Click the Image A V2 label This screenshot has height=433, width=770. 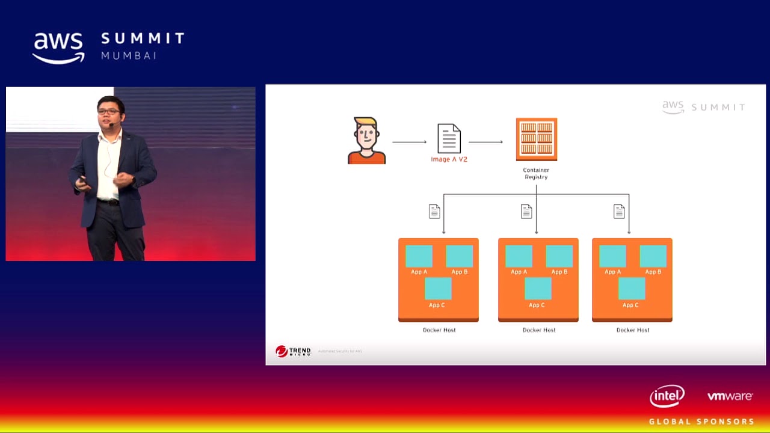tap(449, 159)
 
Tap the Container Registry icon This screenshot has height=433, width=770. tap(536, 139)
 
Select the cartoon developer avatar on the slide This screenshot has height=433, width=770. tap(366, 141)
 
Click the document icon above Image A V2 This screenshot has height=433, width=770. tap(449, 138)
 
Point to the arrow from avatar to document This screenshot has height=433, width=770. tap(409, 142)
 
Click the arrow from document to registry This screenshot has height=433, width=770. tap(485, 142)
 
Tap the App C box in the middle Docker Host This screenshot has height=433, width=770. tap(538, 289)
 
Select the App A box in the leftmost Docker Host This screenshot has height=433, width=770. tap(419, 256)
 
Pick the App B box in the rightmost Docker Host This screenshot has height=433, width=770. tap(653, 256)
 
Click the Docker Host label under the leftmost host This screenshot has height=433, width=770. tap(439, 330)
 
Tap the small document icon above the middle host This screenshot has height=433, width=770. tap(526, 211)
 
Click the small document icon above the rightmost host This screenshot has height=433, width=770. tap(619, 211)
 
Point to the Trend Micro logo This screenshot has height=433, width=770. tap(293, 351)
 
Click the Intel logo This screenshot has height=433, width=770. tap(667, 396)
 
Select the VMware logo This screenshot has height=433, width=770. tap(730, 396)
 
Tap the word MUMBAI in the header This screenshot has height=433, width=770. tap(129, 55)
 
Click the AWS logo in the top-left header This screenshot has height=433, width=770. tap(58, 48)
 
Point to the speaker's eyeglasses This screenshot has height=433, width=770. tap(108, 112)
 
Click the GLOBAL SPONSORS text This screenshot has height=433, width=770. tap(701, 422)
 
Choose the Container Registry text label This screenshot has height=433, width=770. tap(536, 174)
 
